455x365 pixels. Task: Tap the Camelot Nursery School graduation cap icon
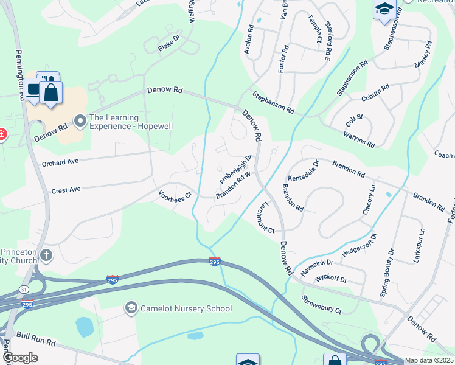[130, 308]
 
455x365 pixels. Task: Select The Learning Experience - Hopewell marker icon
[80, 122]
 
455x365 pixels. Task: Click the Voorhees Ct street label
[175, 195]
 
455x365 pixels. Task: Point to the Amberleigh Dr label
[235, 169]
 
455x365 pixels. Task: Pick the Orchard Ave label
[60, 163]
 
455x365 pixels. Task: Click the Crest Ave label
[66, 190]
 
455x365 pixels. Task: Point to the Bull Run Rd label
[36, 335]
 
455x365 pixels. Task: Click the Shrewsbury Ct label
[322, 305]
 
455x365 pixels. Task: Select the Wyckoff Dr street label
[331, 279]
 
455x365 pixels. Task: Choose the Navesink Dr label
[317, 266]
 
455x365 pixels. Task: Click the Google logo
[20, 358]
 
